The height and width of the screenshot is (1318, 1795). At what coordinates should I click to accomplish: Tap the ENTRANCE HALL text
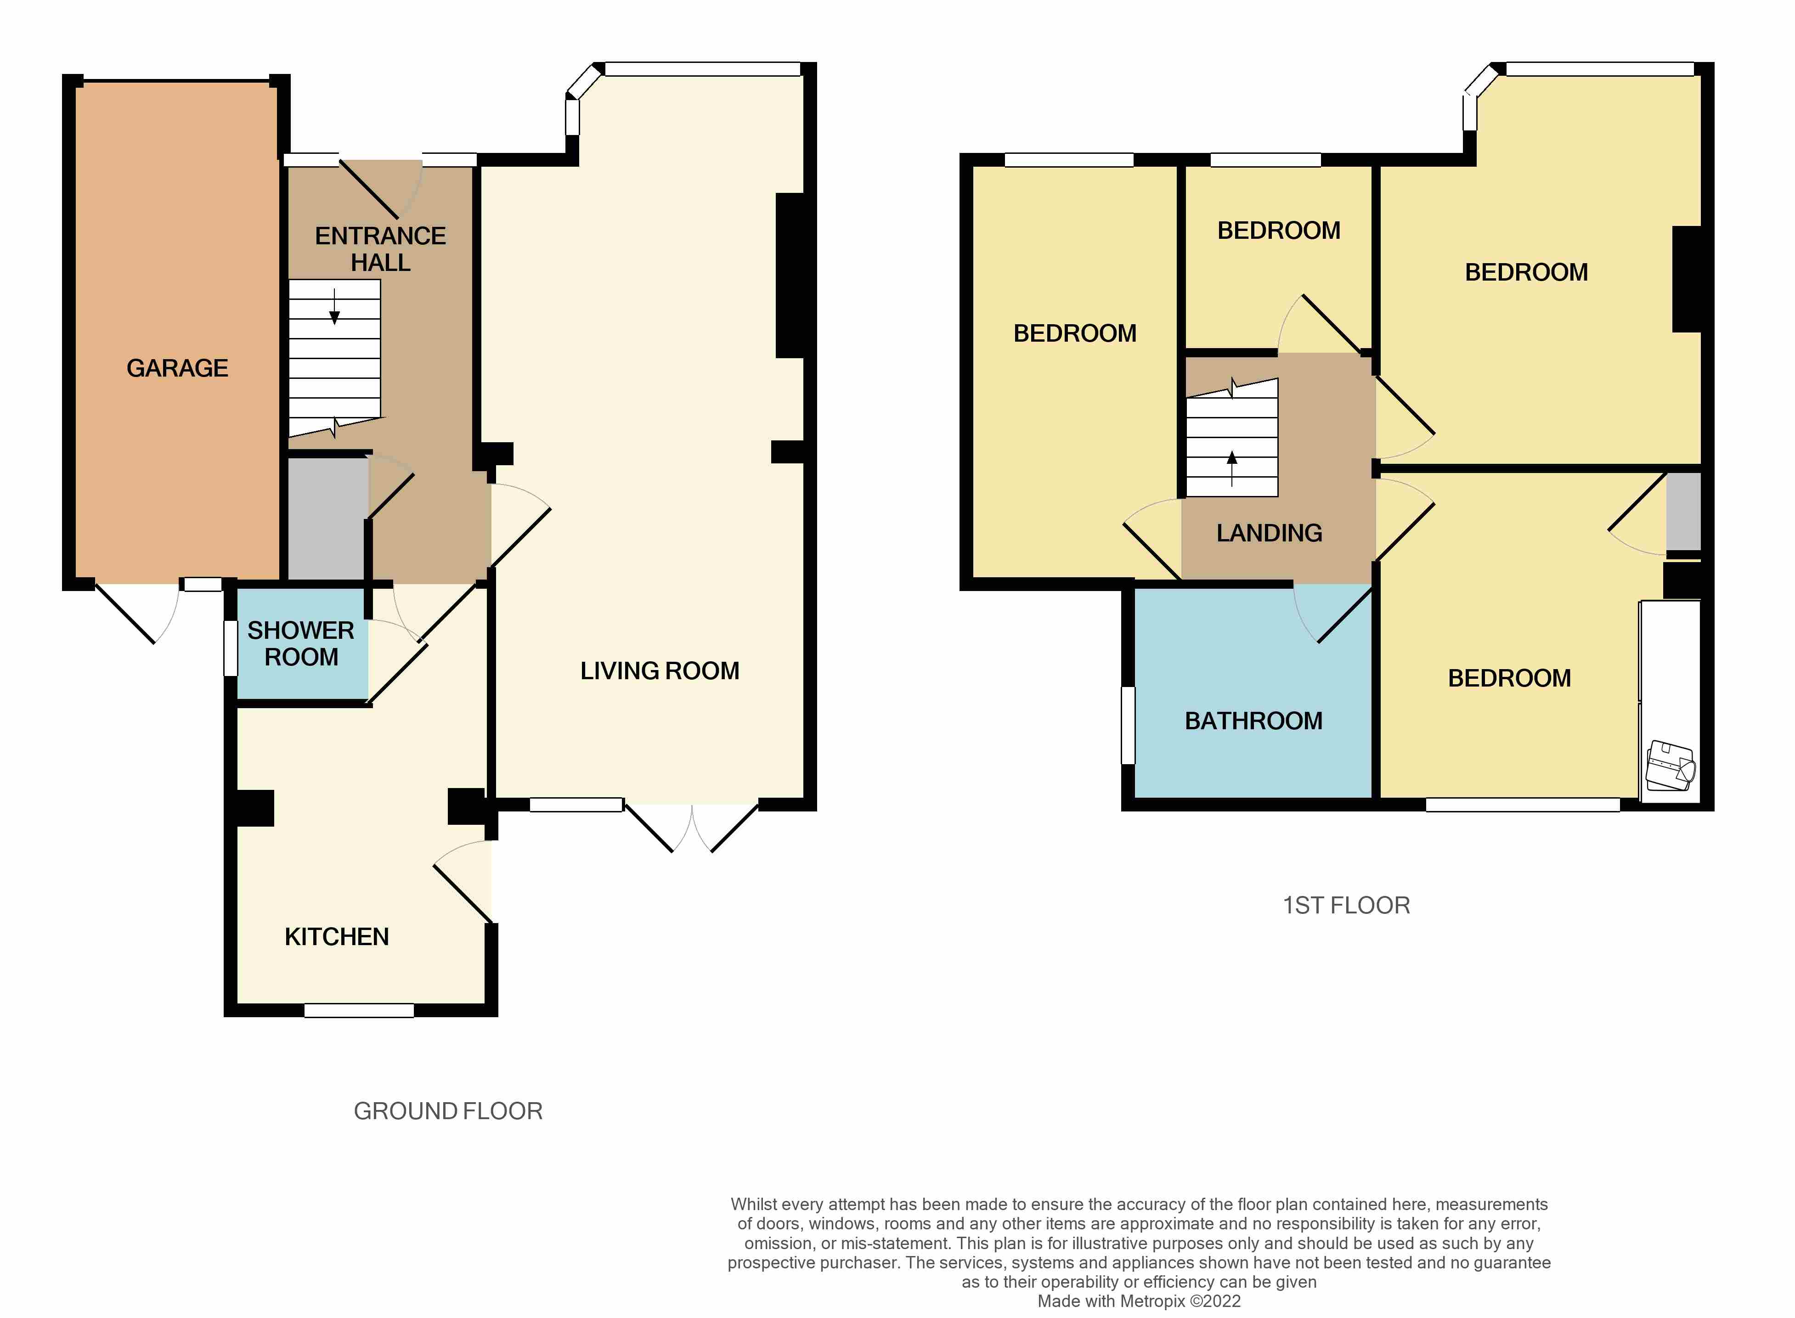point(380,249)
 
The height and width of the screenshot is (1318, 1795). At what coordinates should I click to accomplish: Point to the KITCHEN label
point(337,937)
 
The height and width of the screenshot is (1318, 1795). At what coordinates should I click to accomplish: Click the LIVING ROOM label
point(659,671)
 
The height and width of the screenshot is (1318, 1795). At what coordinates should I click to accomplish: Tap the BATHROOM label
point(1253,721)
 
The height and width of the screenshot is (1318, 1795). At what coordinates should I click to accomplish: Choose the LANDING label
point(1269,533)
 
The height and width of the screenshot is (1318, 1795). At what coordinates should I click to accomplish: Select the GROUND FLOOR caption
point(447,1111)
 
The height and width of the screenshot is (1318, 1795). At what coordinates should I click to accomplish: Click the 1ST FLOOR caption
point(1346,906)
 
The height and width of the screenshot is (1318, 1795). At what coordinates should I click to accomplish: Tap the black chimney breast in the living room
point(790,275)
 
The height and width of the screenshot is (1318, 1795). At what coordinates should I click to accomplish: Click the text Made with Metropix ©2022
point(1139,1301)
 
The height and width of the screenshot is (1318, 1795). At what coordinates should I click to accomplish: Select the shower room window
point(231,648)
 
